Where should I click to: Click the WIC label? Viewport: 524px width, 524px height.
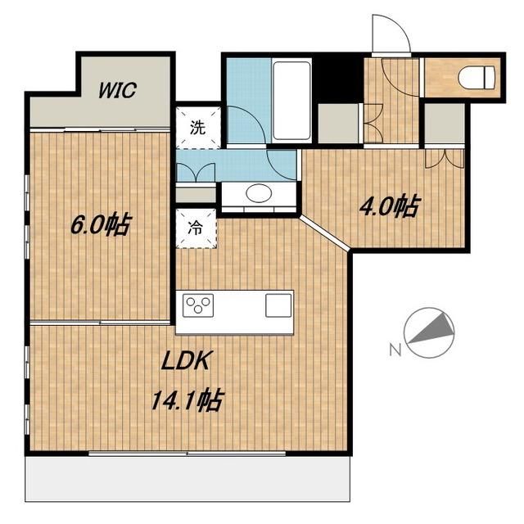coord(117,89)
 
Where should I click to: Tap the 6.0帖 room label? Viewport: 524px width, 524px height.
coord(101,224)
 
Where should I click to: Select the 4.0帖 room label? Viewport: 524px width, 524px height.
coord(390,206)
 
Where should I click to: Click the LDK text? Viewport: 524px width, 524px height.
coord(186,360)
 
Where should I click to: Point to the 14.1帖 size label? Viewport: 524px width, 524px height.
coord(187,400)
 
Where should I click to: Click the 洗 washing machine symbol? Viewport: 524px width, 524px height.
coord(198,128)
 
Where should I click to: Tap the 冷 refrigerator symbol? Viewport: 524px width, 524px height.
coord(196,228)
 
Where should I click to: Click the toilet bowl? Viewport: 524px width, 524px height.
coord(476,78)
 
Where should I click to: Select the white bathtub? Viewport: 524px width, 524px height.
coord(291,101)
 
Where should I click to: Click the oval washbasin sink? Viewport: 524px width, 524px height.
coord(259,193)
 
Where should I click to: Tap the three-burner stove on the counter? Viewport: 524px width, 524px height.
coord(198,305)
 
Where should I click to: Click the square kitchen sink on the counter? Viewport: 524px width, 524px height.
coord(278,305)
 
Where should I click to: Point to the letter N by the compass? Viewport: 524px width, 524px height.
coord(395,350)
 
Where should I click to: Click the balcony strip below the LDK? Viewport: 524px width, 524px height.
coord(187,478)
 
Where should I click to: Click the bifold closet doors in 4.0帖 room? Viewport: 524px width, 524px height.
coord(445,158)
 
